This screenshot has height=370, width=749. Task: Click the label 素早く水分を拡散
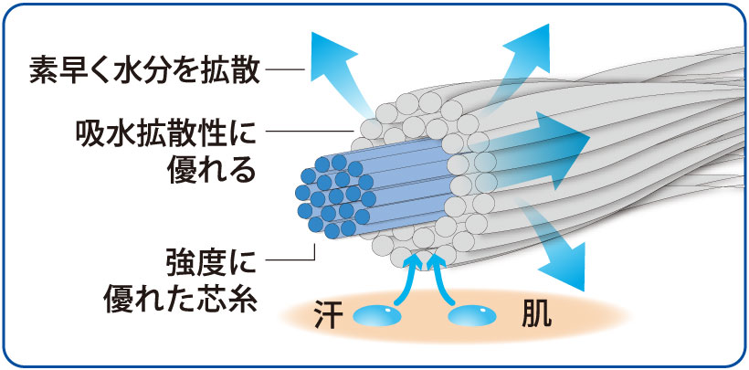tap(146, 69)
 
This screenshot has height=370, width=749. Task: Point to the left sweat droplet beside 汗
tap(376, 316)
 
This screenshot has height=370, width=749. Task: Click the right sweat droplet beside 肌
tap(473, 316)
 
